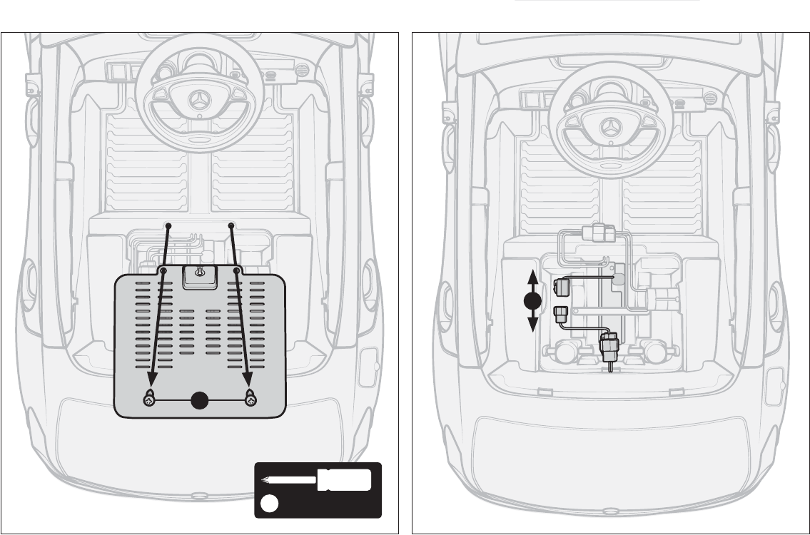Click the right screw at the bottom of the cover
(x=250, y=399)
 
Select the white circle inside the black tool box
(x=268, y=504)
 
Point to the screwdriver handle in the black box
(x=345, y=480)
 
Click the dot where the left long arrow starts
(x=168, y=226)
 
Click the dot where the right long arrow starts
(x=231, y=226)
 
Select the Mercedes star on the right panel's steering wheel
(x=611, y=128)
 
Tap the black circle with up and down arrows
(x=532, y=302)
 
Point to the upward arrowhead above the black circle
(x=532, y=275)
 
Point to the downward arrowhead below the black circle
(x=532, y=327)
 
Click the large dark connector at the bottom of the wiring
(x=610, y=347)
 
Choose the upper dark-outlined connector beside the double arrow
(x=560, y=287)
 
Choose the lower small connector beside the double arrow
(x=560, y=313)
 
